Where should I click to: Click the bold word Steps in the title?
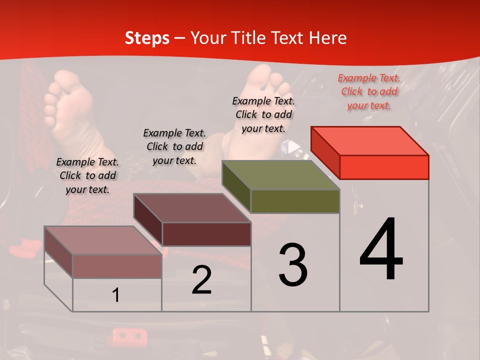pos(147,38)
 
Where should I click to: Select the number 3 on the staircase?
pos(293,265)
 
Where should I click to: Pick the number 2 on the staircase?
pos(202,280)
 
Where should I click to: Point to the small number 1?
pos(116,295)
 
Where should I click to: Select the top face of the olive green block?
pos(281,175)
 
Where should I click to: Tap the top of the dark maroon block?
pos(192,208)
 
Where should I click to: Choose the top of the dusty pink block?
pos(103,240)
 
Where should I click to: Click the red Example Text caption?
pos(369,92)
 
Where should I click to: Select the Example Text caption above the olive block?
pos(263,114)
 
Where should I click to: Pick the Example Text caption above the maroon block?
pos(174,146)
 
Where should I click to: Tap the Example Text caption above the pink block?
pos(87,175)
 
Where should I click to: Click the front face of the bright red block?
pos(384,167)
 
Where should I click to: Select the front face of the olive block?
pos(295,201)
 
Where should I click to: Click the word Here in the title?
pos(329,38)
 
